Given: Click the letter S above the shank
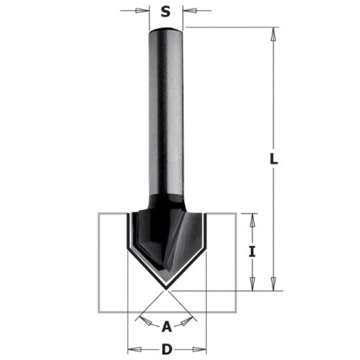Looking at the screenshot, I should tap(165, 12).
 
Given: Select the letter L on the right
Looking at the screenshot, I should tap(273, 158).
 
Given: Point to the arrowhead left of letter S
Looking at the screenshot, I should tap(145, 12).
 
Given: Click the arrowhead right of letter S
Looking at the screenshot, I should tap(187, 12).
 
